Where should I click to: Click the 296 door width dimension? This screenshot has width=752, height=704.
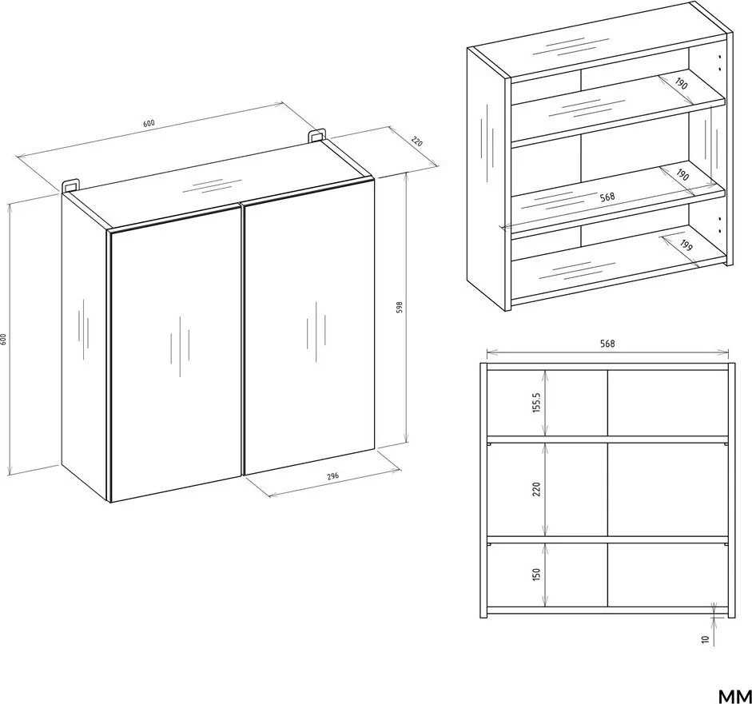click(332, 476)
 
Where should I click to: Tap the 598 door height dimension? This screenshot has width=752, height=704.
click(399, 308)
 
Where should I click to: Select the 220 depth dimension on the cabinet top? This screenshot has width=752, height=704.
click(417, 142)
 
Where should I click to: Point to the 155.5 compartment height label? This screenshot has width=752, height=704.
click(537, 402)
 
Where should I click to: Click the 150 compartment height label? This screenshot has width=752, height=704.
click(536, 574)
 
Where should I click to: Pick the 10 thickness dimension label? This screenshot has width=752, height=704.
click(705, 638)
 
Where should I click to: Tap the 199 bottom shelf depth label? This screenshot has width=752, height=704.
click(686, 245)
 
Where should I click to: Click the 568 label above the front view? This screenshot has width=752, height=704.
click(607, 344)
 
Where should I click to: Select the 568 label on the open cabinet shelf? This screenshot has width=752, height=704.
click(607, 196)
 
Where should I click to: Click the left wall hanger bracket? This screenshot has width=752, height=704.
click(70, 186)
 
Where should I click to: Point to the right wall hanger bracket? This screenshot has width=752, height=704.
click(316, 135)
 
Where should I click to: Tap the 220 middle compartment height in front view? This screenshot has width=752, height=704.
click(536, 489)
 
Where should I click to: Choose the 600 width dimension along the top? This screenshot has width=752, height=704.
click(149, 123)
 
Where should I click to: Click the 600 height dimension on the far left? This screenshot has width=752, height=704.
click(3, 339)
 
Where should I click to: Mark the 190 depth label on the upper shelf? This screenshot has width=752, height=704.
click(681, 84)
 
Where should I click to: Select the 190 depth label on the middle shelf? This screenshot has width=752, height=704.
click(682, 175)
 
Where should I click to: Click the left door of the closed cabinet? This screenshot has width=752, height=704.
click(176, 354)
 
